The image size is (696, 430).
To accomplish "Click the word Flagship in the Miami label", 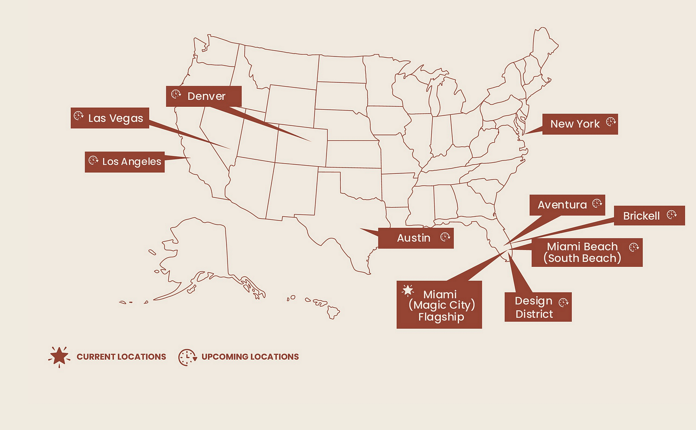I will click(441, 317).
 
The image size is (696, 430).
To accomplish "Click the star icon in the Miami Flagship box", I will click(408, 290).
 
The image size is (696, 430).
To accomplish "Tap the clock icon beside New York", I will click(610, 122).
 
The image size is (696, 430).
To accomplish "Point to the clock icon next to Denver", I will click(176, 94).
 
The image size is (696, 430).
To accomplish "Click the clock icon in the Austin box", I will click(445, 237).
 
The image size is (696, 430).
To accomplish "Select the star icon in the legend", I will click(59, 357).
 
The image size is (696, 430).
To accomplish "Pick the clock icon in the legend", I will click(187, 357).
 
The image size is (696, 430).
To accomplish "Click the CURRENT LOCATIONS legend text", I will click(121, 357).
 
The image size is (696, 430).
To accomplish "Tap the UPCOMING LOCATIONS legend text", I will click(250, 357).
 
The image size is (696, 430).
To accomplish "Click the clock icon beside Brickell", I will click(672, 215).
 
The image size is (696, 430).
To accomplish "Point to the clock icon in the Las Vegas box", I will click(78, 116).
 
